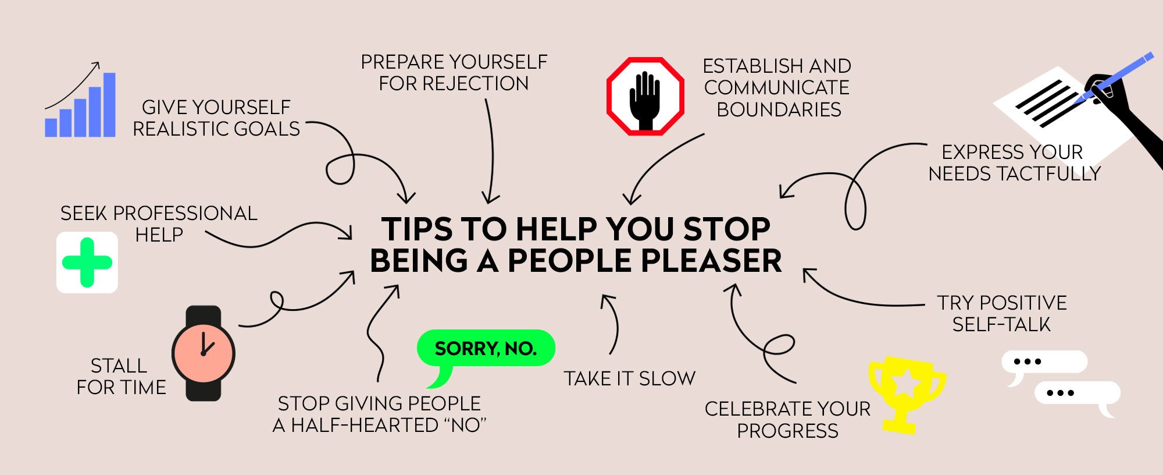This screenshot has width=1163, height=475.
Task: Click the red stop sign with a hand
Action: [x=645, y=97]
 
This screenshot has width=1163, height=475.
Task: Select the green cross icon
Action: [x=87, y=263]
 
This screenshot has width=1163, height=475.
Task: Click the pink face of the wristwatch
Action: [x=204, y=353]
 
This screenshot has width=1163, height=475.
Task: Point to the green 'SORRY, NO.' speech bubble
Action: [x=486, y=349]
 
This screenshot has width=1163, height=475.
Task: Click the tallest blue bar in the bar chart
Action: [x=109, y=105]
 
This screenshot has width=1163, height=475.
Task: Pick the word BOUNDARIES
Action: [x=779, y=109]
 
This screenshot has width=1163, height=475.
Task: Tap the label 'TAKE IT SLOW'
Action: [x=629, y=378]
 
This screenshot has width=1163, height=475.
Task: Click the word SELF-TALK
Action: [x=1001, y=324]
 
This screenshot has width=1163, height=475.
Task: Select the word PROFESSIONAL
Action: [x=185, y=214]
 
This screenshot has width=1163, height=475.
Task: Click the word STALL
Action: [x=119, y=366]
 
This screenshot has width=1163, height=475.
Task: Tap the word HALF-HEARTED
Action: [x=365, y=425]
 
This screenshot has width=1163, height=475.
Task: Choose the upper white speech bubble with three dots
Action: [x=1044, y=362]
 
